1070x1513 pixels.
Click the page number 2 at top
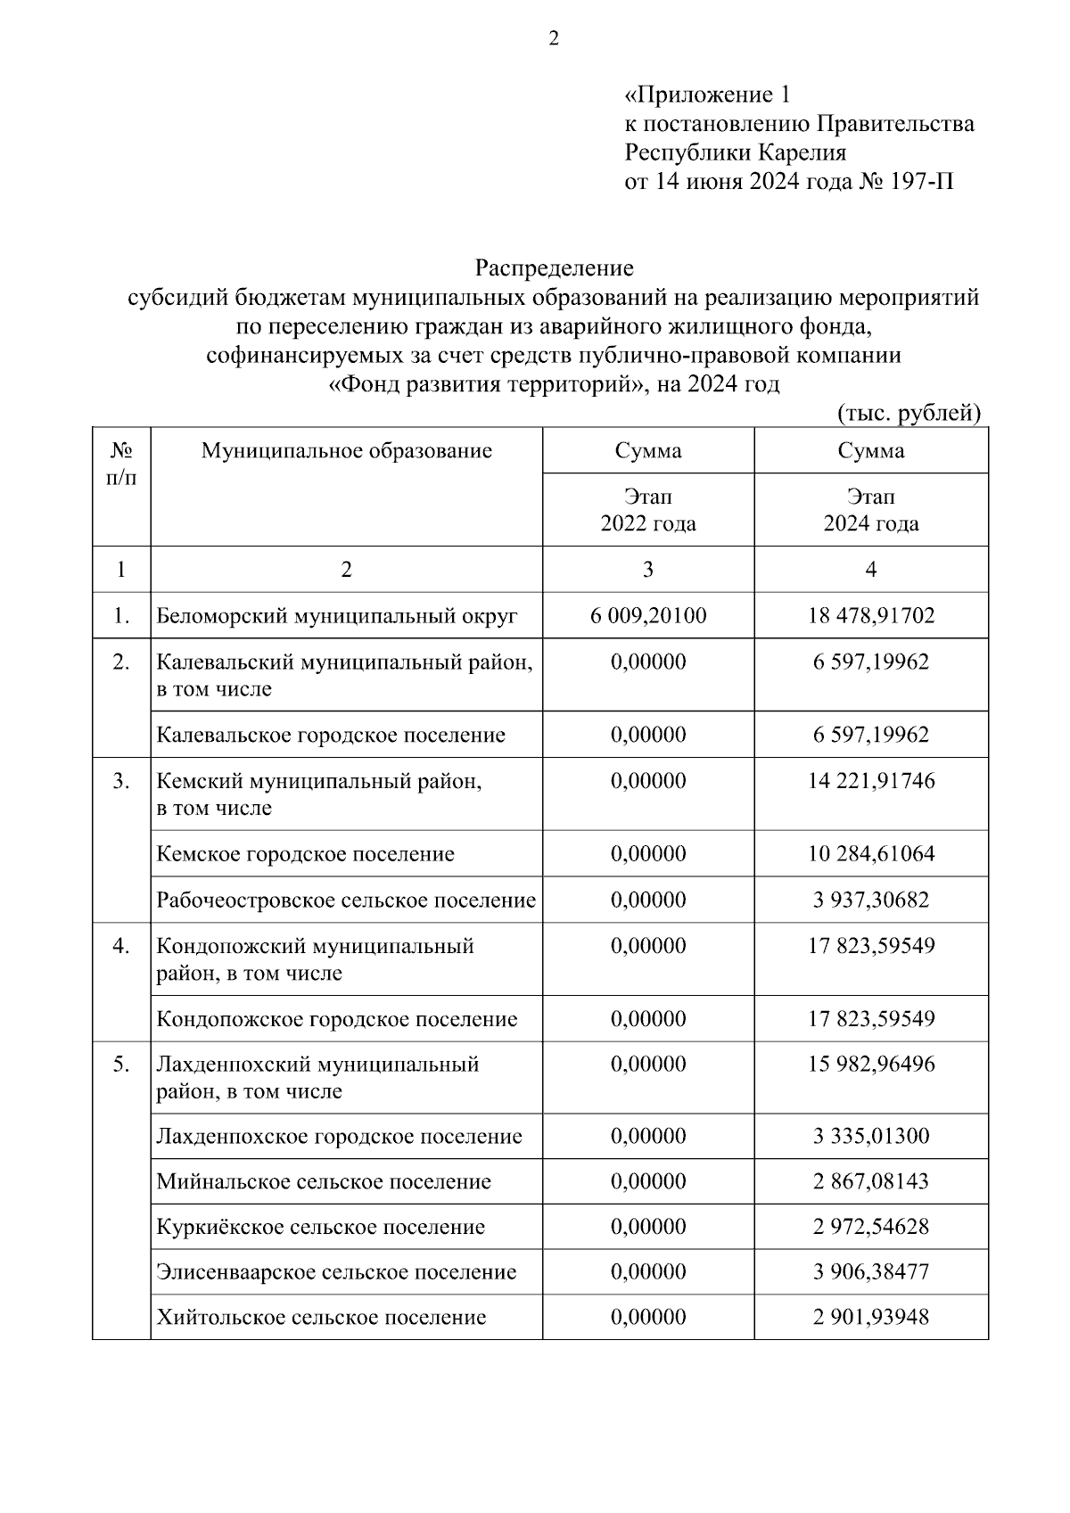pyautogui.click(x=553, y=38)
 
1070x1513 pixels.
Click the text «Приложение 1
pyautogui.click(x=707, y=95)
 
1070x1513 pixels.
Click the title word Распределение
pyautogui.click(x=554, y=267)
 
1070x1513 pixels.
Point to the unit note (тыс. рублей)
pyautogui.click(x=909, y=413)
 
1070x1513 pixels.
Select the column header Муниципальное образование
pyautogui.click(x=346, y=450)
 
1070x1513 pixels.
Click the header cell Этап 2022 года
pyautogui.click(x=648, y=510)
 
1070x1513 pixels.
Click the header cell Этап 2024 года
pyautogui.click(x=871, y=510)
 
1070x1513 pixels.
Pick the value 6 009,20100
pyautogui.click(x=648, y=615)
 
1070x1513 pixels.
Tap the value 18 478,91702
pyautogui.click(x=871, y=615)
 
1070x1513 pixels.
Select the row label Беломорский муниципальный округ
pyautogui.click(x=337, y=616)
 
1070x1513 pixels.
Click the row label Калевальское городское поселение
pyautogui.click(x=331, y=736)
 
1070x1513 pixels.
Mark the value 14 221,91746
pyautogui.click(x=871, y=781)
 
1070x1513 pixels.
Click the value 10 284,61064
pyautogui.click(x=871, y=854)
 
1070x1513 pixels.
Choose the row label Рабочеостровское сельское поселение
pyautogui.click(x=346, y=900)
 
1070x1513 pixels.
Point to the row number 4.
pyautogui.click(x=121, y=946)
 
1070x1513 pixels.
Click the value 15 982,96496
pyautogui.click(x=871, y=1065)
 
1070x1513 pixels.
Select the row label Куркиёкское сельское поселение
pyautogui.click(x=321, y=1228)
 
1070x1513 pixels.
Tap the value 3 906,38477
pyautogui.click(x=871, y=1272)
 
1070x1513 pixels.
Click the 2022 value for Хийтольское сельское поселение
pyautogui.click(x=648, y=1318)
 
